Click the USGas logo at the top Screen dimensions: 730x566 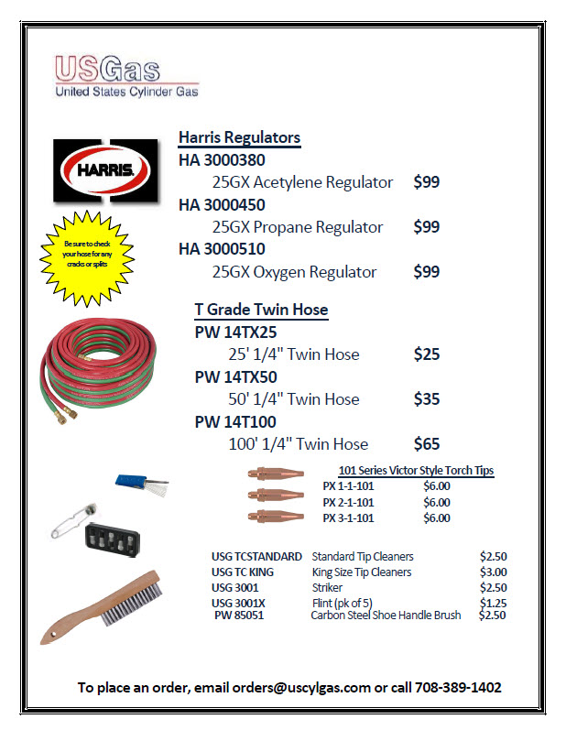point(125,75)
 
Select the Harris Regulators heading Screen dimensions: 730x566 point(239,137)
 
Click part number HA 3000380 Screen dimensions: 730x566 point(223,160)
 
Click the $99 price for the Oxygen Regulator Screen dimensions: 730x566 point(427,272)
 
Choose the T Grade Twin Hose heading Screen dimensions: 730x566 point(261,310)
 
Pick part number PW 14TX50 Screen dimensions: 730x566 point(236,376)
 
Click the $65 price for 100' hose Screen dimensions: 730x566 point(427,444)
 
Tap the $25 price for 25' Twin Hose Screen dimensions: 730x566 point(427,354)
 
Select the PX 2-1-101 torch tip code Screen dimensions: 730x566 point(348,502)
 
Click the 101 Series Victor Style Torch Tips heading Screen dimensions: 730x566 point(416,471)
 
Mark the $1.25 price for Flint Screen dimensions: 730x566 point(493,603)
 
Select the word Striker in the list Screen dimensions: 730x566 point(327,587)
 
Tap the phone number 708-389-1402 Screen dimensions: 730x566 point(458,687)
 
